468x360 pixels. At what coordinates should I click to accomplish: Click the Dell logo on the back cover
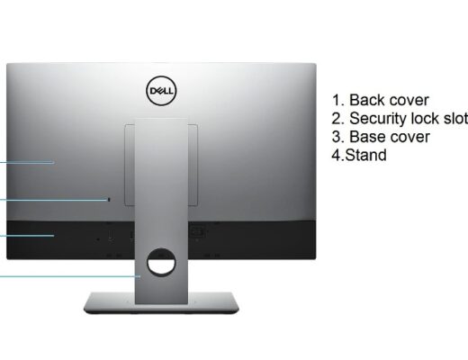(x=161, y=91)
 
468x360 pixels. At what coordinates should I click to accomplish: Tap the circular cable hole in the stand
(x=161, y=262)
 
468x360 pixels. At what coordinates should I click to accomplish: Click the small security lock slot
(x=109, y=200)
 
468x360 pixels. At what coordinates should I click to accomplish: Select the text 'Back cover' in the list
(x=389, y=100)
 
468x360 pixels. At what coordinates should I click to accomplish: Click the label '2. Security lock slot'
(x=400, y=119)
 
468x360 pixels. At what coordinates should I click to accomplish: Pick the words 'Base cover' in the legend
(x=390, y=137)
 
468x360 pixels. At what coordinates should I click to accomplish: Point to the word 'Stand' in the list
(x=366, y=155)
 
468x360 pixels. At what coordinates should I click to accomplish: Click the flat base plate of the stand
(x=161, y=303)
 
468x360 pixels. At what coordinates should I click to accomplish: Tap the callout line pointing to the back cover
(x=27, y=162)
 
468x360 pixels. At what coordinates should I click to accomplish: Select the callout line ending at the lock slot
(x=54, y=199)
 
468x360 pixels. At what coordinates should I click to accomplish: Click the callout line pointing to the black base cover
(x=27, y=236)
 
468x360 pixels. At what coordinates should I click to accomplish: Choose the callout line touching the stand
(x=70, y=276)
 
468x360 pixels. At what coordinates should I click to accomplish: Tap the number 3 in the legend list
(x=337, y=137)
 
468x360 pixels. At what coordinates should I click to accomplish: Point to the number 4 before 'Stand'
(x=337, y=155)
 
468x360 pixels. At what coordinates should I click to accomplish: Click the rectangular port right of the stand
(x=198, y=232)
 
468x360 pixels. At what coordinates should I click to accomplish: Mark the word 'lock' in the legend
(x=426, y=119)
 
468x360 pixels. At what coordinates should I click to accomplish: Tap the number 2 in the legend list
(x=337, y=119)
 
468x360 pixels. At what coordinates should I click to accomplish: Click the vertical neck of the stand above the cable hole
(x=161, y=183)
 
